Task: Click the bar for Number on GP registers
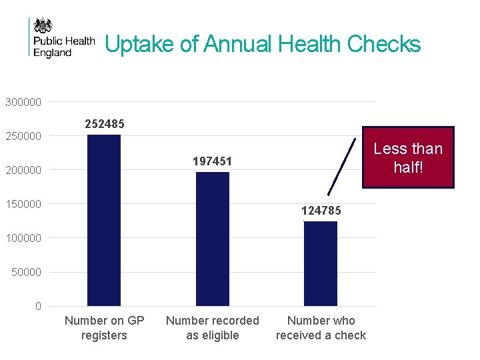tap(104, 220)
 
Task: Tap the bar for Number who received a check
tap(321, 263)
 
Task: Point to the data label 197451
tap(212, 161)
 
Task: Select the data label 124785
tap(321, 211)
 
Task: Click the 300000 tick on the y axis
tap(23, 103)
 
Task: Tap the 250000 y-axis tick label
tap(23, 137)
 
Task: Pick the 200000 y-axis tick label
tap(23, 171)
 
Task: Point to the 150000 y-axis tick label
tap(23, 204)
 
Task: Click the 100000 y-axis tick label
tap(23, 238)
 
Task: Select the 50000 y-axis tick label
tap(26, 272)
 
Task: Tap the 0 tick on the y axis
tap(38, 306)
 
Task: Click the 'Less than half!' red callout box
tap(407, 157)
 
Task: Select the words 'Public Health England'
tap(63, 47)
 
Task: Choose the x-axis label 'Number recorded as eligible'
tap(212, 328)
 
